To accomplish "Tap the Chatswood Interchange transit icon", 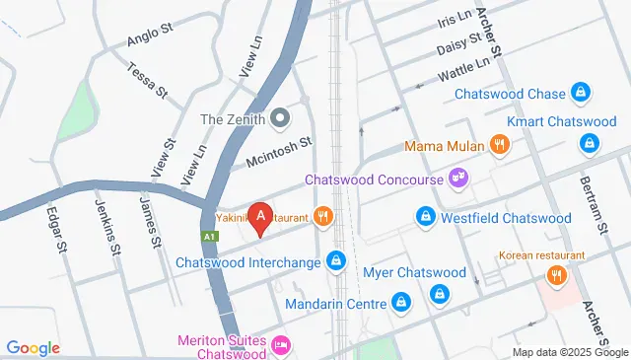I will pos(336,260).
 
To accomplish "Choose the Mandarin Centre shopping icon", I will pos(401,301).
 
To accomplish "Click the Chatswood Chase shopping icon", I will pos(583,95).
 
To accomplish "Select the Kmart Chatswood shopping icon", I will pos(589,144).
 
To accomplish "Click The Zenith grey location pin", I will pos(279,119).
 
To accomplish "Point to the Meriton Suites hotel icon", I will pos(281,345).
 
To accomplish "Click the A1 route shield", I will pos(208,238).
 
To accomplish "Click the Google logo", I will pos(34,348).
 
